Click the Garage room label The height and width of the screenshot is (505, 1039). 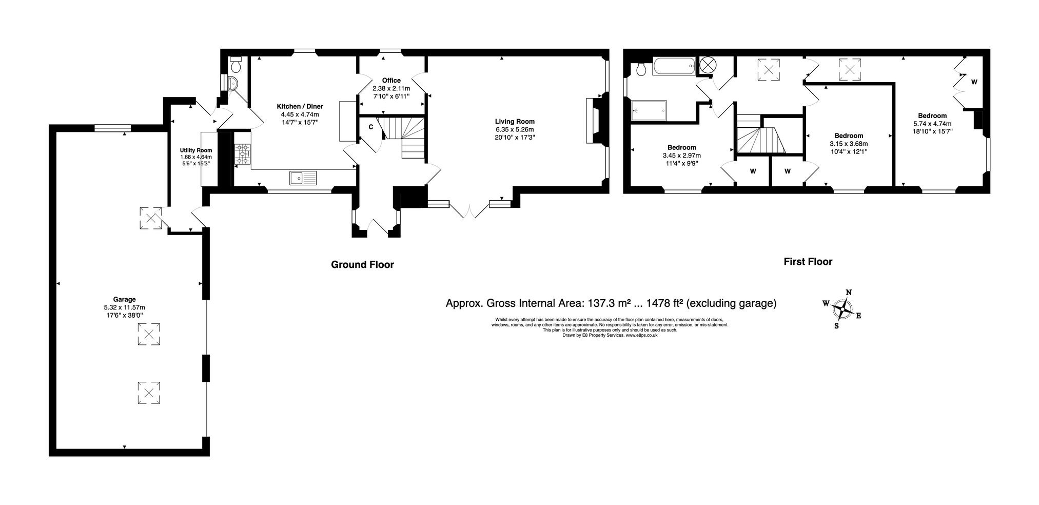(124, 299)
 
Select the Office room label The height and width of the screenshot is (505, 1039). (391, 81)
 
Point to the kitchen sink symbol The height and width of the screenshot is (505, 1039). (303, 178)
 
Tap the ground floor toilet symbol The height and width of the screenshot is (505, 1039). (236, 66)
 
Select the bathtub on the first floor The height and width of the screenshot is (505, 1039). (674, 67)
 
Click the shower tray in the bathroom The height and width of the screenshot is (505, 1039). (649, 110)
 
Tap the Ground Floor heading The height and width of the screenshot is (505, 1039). (362, 265)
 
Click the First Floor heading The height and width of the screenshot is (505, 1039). (808, 262)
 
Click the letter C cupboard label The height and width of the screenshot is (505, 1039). (370, 127)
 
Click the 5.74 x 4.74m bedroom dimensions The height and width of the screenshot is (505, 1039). (932, 124)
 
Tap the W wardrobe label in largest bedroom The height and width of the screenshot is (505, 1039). (974, 82)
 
